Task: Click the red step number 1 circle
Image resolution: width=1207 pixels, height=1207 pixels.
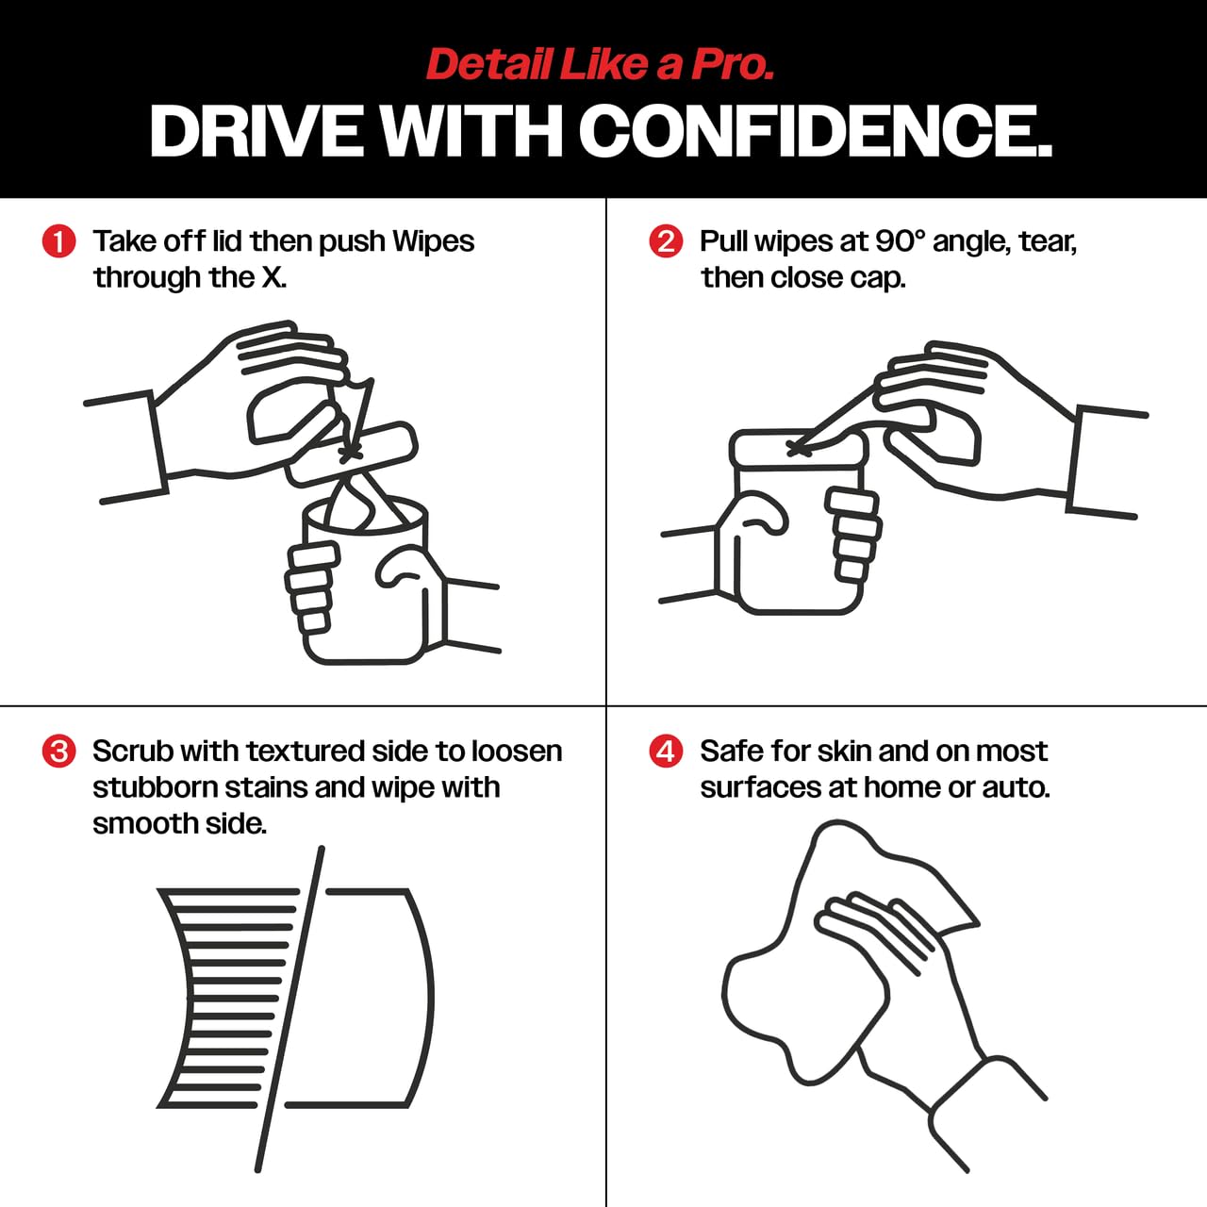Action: pos(58,241)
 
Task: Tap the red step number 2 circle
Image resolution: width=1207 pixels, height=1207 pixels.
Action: pos(666,241)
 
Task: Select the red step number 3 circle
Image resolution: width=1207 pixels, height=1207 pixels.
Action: pos(58,752)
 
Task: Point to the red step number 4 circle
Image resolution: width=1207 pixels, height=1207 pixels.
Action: pos(666,752)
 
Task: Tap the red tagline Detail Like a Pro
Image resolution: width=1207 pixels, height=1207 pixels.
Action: pos(600,64)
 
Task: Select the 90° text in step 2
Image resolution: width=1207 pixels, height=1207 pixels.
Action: pos(900,241)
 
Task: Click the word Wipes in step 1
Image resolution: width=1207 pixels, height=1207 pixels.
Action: pos(433,241)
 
